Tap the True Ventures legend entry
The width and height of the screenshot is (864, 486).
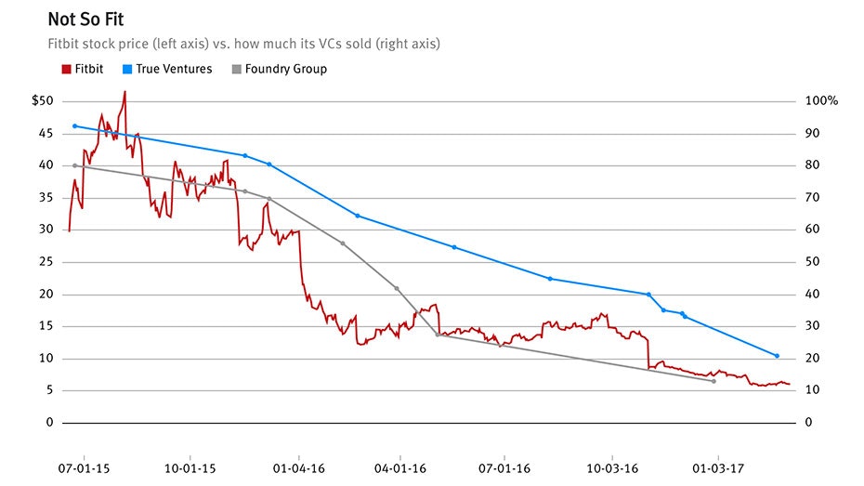(x=173, y=69)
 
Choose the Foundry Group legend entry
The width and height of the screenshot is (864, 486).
(x=285, y=69)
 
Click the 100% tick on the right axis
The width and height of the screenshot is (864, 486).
(x=821, y=101)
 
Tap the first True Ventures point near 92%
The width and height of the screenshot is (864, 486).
(x=74, y=125)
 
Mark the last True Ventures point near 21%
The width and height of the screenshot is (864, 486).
(x=777, y=356)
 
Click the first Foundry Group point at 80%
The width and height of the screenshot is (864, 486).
(x=74, y=165)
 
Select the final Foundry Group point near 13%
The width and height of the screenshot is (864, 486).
(x=713, y=381)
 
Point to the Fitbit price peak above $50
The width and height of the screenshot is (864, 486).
(x=124, y=92)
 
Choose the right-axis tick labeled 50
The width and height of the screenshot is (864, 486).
(x=812, y=262)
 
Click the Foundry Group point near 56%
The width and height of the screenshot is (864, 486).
(x=343, y=243)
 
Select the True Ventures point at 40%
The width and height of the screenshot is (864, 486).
(x=648, y=295)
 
